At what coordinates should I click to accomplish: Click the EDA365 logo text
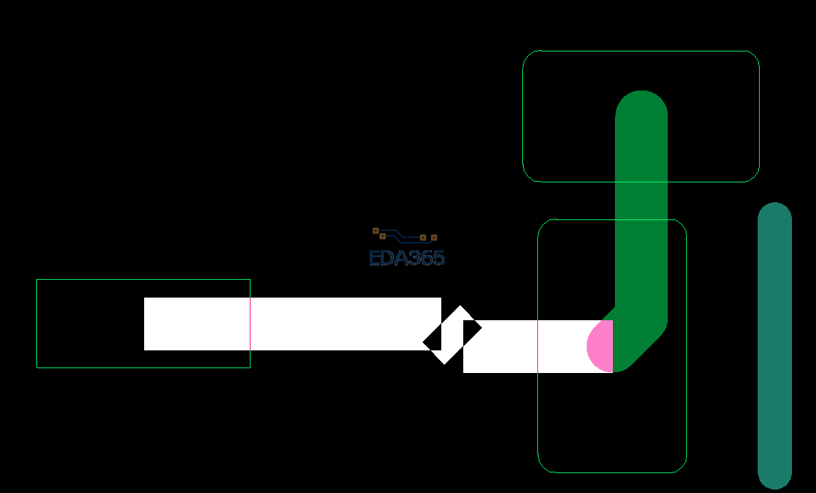click(x=407, y=258)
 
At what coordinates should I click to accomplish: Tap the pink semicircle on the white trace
click(x=600, y=346)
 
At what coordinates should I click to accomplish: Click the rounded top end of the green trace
click(x=642, y=103)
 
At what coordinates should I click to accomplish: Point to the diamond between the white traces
click(x=452, y=335)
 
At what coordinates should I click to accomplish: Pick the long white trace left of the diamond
click(x=292, y=324)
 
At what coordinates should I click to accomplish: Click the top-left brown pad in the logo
click(x=375, y=230)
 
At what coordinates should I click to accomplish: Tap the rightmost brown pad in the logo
click(x=434, y=238)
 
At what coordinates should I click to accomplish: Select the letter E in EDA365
click(x=375, y=258)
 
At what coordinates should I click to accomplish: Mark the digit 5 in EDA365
click(x=438, y=258)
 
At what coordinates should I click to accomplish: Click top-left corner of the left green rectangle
click(x=37, y=280)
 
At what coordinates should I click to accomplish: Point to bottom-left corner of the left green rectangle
click(x=37, y=368)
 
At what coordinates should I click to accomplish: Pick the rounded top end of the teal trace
click(x=775, y=213)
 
